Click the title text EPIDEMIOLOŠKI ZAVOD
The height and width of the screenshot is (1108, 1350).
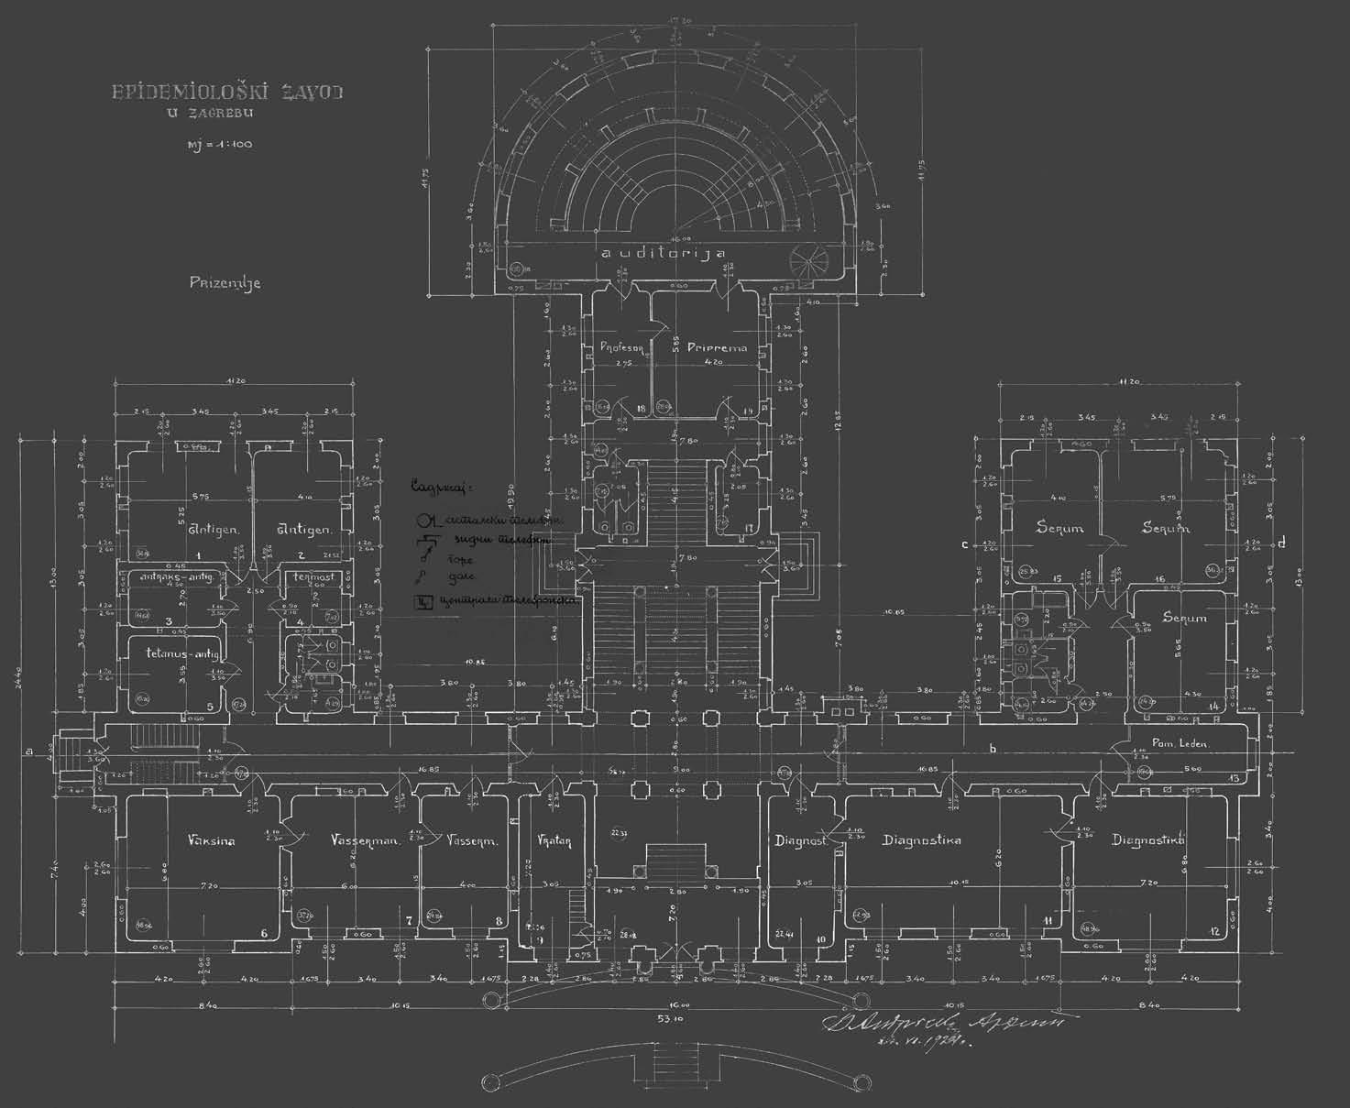226,93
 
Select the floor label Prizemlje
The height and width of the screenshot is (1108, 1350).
225,282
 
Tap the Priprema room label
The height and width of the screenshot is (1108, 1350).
717,347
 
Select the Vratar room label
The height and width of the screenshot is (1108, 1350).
555,840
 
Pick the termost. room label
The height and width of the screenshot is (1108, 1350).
313,576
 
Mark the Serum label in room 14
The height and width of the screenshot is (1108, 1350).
1185,618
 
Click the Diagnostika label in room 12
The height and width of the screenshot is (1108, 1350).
1148,840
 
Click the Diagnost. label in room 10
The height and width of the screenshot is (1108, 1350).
801,840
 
